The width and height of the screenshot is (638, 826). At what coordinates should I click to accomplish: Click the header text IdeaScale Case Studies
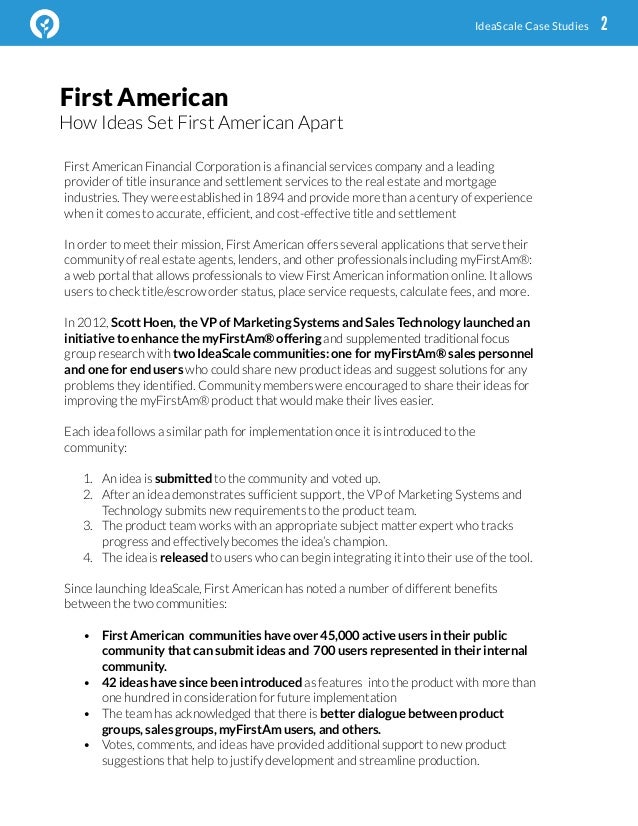(531, 26)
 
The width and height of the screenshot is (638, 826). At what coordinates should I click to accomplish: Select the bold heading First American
(144, 98)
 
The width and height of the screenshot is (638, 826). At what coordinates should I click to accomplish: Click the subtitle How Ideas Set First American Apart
(201, 124)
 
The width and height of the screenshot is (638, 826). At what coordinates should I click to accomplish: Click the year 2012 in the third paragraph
(93, 322)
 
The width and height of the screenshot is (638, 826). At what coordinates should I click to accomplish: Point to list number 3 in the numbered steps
(87, 526)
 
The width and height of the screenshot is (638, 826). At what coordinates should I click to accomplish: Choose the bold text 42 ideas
(129, 683)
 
